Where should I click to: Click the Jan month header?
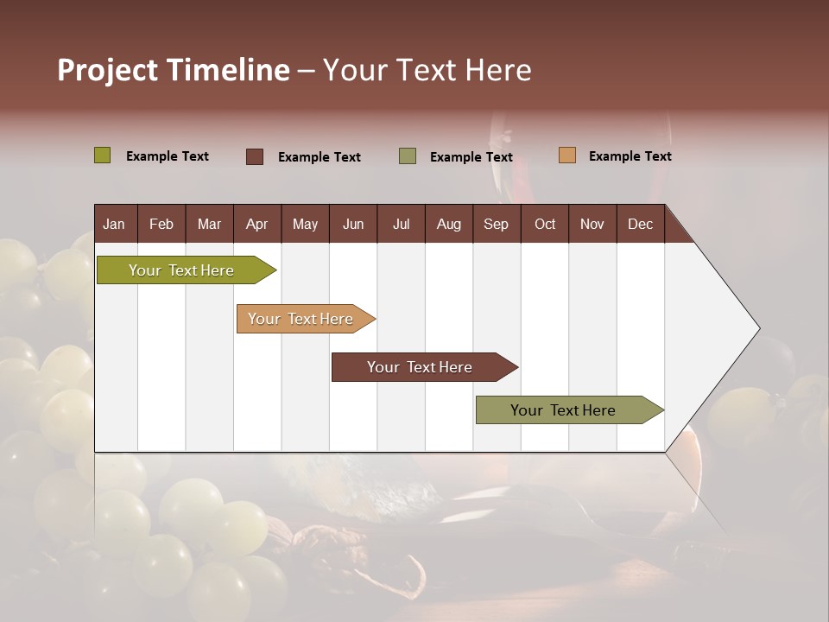(114, 224)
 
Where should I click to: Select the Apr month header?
(257, 224)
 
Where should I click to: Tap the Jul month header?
(401, 224)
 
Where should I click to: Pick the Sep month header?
(496, 224)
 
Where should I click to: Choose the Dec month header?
(640, 224)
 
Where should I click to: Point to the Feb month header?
(161, 224)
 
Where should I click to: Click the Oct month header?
(545, 224)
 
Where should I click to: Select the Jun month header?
(353, 224)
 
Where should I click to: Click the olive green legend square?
(103, 155)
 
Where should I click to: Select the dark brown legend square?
(255, 156)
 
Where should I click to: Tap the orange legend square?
(567, 155)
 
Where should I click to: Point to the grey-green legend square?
(408, 155)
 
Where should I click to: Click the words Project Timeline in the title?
(173, 70)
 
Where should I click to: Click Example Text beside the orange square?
(630, 155)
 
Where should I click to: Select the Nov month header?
(592, 224)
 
